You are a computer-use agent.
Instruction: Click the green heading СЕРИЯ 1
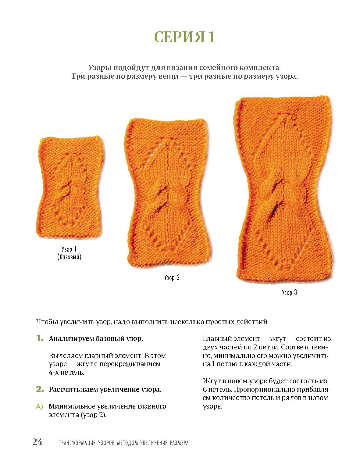point(184,37)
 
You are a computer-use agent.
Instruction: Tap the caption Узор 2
point(172,277)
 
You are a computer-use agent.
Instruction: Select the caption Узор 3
point(289,292)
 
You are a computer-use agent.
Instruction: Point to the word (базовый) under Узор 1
point(69,257)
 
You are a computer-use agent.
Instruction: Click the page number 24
point(37,442)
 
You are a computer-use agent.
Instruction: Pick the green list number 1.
point(40,338)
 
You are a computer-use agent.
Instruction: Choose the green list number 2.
point(40,389)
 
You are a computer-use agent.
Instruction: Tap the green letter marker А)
point(40,406)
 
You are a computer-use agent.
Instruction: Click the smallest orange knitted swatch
point(70,187)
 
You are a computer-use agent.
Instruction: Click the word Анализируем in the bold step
point(72,339)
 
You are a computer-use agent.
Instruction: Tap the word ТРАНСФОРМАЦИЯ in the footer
point(77,443)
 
